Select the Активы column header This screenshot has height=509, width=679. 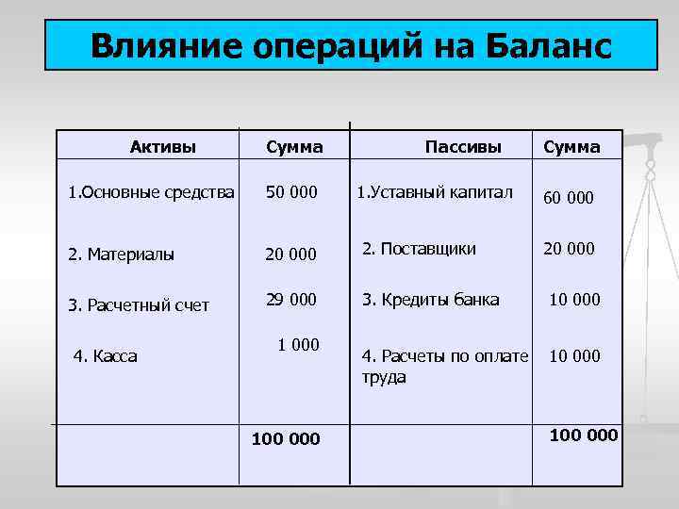point(162,146)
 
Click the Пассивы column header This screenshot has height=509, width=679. point(463,146)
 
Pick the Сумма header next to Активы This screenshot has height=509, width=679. point(294,147)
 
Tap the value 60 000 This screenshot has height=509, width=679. point(567,198)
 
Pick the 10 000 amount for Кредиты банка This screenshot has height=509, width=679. point(573,300)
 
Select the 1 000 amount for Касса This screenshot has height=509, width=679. point(298,345)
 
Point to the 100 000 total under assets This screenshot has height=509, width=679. point(286,438)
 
